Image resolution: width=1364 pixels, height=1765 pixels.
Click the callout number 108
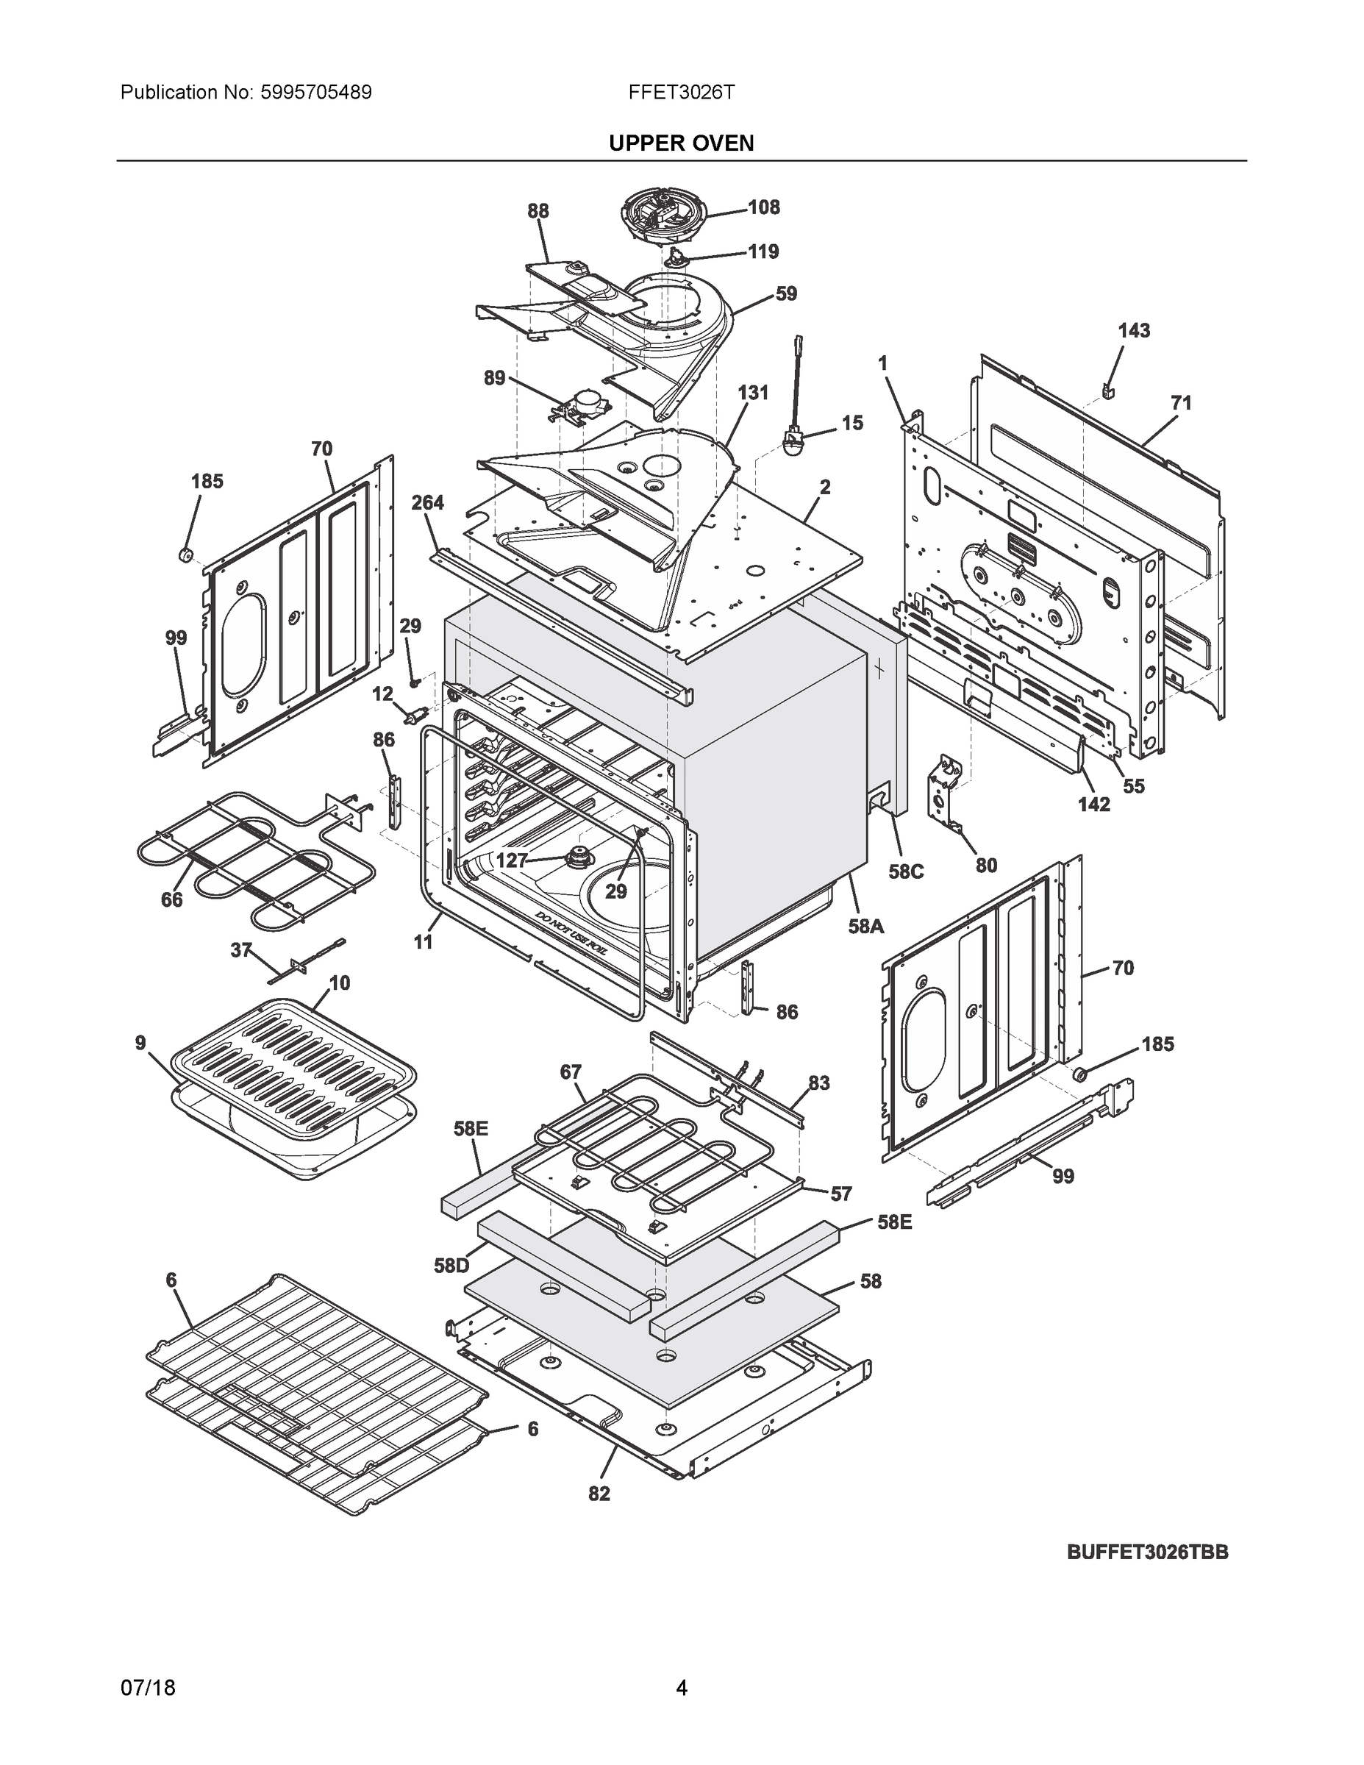point(763,207)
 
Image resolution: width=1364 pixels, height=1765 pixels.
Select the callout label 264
point(427,503)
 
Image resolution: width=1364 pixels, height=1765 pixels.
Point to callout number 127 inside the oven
point(512,860)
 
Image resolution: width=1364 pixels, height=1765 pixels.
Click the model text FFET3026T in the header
point(681,92)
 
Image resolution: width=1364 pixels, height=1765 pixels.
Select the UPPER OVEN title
point(681,143)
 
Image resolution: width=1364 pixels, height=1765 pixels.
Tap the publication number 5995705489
point(317,92)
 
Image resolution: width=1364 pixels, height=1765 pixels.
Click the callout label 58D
point(451,1266)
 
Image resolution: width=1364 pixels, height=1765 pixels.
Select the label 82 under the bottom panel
point(599,1494)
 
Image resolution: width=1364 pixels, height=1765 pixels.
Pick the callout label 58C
point(905,871)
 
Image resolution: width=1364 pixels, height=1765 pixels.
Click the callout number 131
point(752,393)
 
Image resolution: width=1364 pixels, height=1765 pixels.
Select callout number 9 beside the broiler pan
point(140,1044)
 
